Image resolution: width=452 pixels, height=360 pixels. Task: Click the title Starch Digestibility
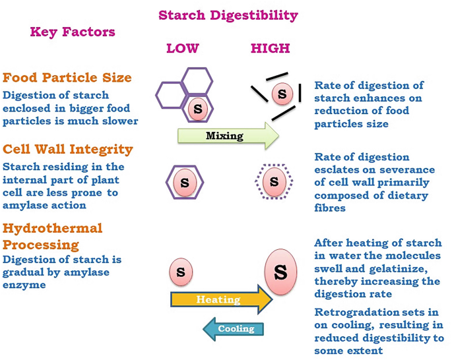[x=228, y=15]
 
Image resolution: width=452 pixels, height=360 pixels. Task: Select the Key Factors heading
[x=72, y=32]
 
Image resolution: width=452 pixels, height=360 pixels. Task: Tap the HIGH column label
[x=270, y=49]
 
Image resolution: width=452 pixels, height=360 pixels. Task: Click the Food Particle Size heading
[x=67, y=77]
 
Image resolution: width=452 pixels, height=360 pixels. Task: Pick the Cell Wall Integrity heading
[x=68, y=149]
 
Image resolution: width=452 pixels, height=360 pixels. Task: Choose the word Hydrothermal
[x=53, y=228]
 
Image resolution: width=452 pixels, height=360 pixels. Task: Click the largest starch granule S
[x=280, y=271]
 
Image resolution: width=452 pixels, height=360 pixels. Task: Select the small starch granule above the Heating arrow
[x=181, y=272]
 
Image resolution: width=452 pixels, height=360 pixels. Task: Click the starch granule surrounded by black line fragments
[x=282, y=94]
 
